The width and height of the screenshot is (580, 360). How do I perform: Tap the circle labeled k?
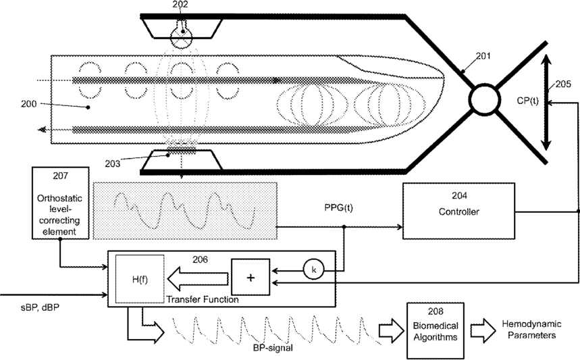point(313,269)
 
